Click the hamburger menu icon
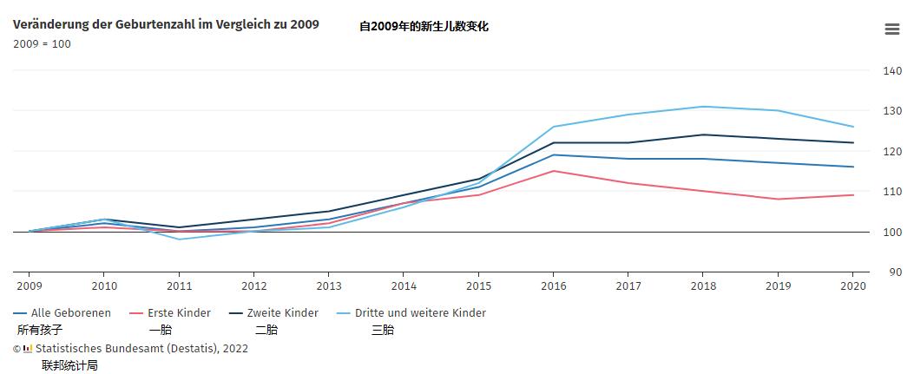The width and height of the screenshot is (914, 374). [x=891, y=29]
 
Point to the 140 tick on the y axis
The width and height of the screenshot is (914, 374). [x=891, y=71]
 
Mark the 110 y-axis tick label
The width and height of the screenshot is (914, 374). [x=891, y=192]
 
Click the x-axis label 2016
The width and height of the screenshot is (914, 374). [x=553, y=285]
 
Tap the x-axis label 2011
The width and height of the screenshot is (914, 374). [x=179, y=285]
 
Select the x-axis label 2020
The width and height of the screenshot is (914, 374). [x=853, y=285]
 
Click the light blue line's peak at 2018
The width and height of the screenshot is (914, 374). [x=703, y=107]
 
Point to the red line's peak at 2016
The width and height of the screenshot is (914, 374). [x=553, y=171]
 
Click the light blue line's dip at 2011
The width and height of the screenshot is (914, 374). [x=179, y=239]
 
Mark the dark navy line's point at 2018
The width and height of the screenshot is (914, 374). [x=703, y=135]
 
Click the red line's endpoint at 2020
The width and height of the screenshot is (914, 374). [x=853, y=195]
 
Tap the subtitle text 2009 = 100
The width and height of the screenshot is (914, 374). [x=42, y=44]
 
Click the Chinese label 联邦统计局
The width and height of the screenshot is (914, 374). [x=69, y=365]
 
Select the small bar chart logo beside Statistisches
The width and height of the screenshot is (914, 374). [x=28, y=349]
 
